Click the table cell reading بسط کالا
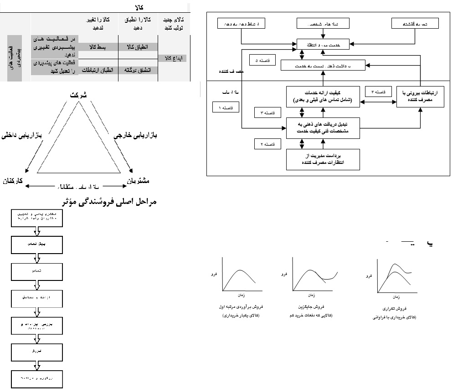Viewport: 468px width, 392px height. tap(98, 47)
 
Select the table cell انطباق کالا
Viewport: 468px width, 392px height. tap(136, 47)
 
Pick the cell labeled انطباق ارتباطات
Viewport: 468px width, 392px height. tap(98, 71)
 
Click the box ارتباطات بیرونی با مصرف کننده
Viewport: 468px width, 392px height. tap(420, 97)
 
